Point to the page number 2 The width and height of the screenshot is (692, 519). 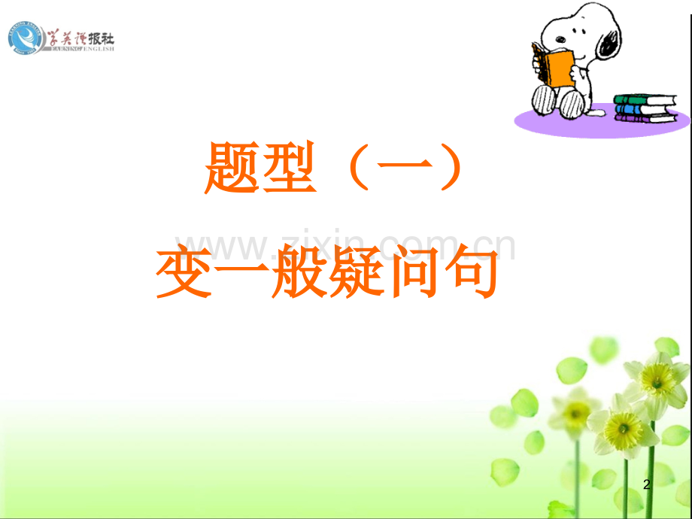[647, 486]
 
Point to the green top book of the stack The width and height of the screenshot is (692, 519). [643, 99]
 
